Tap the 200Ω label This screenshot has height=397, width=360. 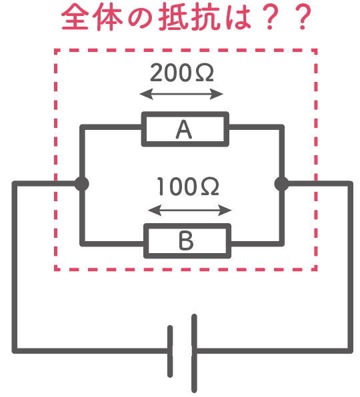[182, 73]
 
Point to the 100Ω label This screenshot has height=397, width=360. [188, 187]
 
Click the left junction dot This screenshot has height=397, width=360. [82, 184]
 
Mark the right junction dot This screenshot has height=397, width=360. [281, 184]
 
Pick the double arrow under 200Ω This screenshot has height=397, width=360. [181, 94]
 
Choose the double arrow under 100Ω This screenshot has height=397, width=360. [190, 210]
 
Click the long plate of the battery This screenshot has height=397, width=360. [194, 353]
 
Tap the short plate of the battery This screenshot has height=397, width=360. [170, 352]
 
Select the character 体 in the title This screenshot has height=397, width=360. [107, 18]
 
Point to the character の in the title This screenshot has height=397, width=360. [140, 19]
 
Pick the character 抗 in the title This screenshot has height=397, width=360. [205, 18]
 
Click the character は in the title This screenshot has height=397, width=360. [236, 18]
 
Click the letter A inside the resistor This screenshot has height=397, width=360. [184, 129]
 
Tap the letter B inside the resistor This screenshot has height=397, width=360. [186, 240]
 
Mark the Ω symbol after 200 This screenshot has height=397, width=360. [205, 73]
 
